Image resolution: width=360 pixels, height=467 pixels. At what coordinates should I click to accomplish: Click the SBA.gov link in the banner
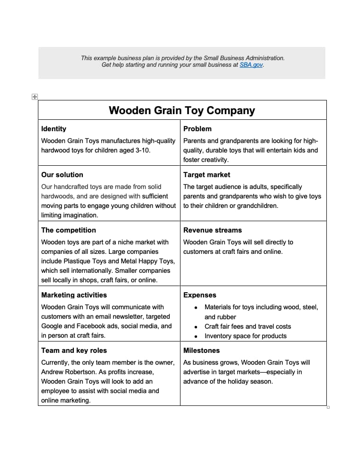(x=251, y=65)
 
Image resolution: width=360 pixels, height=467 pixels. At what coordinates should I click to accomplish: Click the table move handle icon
(x=34, y=97)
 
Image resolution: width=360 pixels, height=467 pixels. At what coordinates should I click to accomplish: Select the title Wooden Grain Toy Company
(x=182, y=110)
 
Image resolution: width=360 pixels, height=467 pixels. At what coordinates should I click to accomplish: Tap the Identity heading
(x=54, y=129)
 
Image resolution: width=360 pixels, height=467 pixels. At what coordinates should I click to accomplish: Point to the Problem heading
(x=197, y=129)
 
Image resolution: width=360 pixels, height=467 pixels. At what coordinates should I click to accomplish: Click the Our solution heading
(x=62, y=175)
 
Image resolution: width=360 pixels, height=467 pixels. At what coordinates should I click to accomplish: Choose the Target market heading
(x=207, y=175)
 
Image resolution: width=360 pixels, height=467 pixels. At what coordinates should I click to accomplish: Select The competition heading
(x=68, y=230)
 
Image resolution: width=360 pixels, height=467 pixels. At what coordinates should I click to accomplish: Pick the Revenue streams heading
(x=212, y=230)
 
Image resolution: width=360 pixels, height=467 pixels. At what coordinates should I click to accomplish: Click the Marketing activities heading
(x=74, y=295)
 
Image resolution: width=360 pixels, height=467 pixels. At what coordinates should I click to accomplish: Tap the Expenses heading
(x=199, y=295)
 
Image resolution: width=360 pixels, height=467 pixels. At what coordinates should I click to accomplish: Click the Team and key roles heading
(x=74, y=350)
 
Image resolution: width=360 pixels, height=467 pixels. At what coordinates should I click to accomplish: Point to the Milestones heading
(x=201, y=350)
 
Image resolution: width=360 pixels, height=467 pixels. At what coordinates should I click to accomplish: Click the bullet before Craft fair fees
(x=196, y=327)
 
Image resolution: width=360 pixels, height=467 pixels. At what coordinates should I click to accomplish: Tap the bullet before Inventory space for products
(x=196, y=336)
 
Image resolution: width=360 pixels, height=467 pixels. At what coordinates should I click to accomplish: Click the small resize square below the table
(x=328, y=407)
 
